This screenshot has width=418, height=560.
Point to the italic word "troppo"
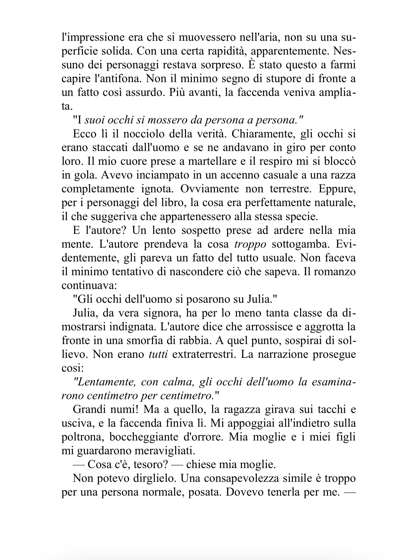[250, 244]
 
